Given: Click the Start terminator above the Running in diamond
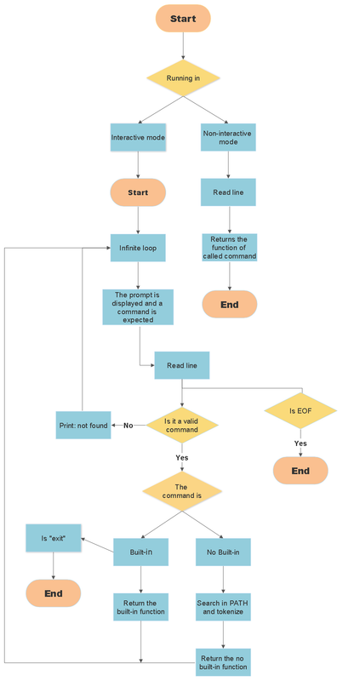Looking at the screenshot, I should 183,18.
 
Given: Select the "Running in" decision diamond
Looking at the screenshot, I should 183,78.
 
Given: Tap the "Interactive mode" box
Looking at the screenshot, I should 138,137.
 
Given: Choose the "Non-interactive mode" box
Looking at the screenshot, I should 228,137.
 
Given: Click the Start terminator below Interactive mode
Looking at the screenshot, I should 138,192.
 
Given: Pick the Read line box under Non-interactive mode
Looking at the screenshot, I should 228,192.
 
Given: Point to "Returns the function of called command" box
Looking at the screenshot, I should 229,248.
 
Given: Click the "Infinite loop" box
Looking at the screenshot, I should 138,248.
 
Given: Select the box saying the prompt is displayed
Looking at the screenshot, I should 138,306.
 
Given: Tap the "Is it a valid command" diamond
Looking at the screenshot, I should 181,425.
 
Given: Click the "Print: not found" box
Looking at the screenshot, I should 83,425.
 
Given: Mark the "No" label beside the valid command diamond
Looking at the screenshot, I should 129,425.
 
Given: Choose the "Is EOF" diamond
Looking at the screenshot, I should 300,411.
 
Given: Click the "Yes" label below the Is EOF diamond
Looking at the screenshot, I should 300,444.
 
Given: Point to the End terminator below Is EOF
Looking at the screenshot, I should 300,471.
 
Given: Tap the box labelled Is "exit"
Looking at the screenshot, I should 54,538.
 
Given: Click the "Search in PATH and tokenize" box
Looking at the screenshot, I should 223,607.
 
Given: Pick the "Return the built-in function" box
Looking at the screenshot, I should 140,607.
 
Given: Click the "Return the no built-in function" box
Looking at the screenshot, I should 223,661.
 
